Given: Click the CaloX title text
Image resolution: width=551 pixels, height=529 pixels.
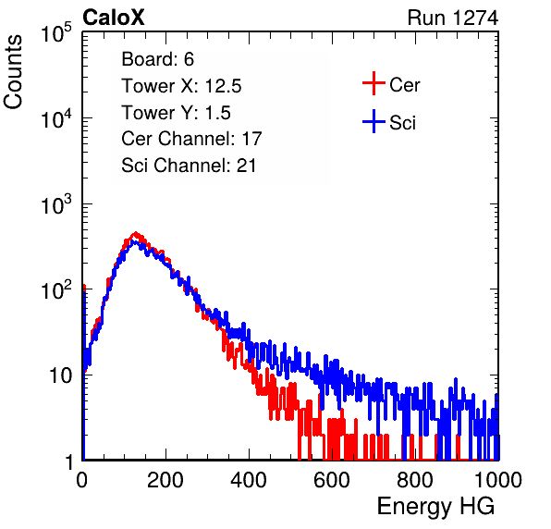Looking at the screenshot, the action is click(114, 18).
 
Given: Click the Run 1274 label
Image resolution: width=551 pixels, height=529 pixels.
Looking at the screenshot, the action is click(453, 18).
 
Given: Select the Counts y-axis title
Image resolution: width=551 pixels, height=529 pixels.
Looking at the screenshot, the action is click(13, 72).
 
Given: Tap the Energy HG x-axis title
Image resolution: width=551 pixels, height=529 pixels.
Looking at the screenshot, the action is click(435, 507).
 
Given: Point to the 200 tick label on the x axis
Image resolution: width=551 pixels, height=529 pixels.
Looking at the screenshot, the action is click(165, 480).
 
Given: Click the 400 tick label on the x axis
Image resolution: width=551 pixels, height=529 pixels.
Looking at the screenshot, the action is click(249, 480).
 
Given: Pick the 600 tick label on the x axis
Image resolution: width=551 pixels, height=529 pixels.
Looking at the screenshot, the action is click(332, 480).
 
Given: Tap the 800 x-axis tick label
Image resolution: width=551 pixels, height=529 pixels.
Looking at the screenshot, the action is click(415, 480).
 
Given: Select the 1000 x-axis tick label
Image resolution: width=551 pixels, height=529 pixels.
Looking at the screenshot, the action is click(498, 480).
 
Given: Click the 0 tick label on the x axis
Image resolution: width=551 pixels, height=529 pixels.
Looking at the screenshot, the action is click(82, 480).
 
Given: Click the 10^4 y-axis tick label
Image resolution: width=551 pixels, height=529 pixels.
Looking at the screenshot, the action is click(56, 118).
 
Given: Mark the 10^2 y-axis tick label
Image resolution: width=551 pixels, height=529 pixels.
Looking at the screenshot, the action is click(56, 289).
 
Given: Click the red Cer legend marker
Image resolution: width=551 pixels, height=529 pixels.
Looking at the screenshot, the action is click(373, 83).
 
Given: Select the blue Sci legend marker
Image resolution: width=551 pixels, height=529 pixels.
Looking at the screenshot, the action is click(373, 122).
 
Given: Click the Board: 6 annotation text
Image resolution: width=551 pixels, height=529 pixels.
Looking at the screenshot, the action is click(158, 59).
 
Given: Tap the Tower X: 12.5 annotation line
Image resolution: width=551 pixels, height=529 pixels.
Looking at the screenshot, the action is click(181, 86).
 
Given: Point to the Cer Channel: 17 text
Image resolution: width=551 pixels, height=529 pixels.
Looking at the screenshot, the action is click(192, 139).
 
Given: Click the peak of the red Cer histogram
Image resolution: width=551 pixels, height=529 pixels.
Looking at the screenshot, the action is click(136, 233).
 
